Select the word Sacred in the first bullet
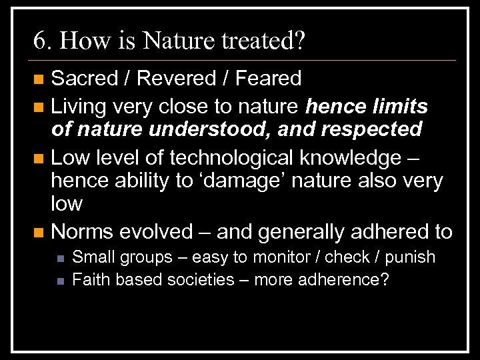(x=83, y=79)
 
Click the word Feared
(x=270, y=79)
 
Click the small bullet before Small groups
(x=60, y=257)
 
